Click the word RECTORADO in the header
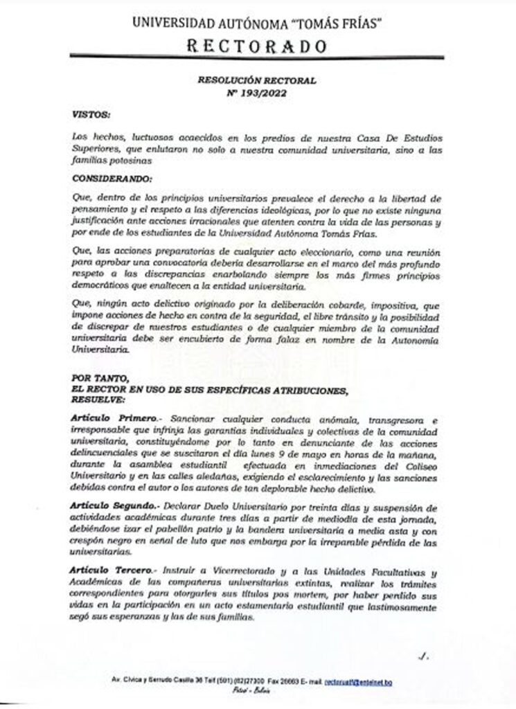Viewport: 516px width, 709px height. [x=257, y=46]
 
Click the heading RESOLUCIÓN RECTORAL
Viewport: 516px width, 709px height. [x=257, y=80]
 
